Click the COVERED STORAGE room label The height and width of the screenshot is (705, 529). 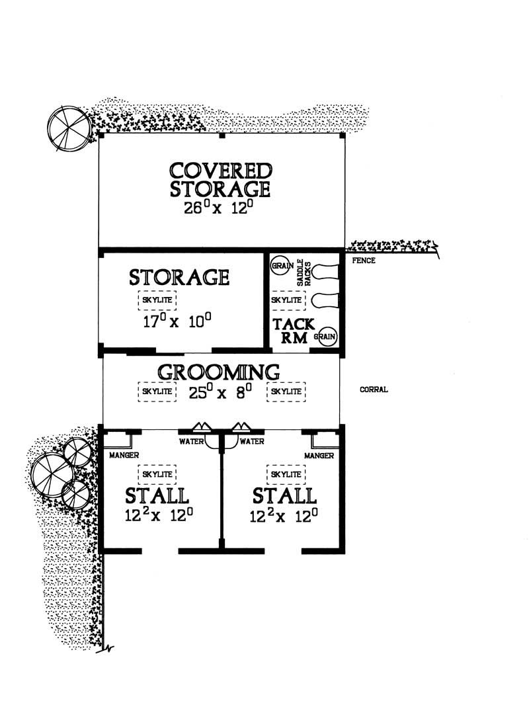(x=220, y=179)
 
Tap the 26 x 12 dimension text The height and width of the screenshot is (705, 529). (x=220, y=211)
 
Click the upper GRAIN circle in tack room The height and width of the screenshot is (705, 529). (x=280, y=265)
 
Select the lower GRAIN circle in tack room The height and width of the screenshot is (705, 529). (x=326, y=336)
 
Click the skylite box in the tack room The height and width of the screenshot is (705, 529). (x=286, y=300)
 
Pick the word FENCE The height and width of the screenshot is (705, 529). (x=364, y=261)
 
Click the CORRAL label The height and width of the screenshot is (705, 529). (x=374, y=390)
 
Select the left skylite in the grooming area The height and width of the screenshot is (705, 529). (x=158, y=392)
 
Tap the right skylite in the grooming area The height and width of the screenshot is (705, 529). (x=286, y=392)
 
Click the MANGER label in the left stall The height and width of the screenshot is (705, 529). (x=120, y=456)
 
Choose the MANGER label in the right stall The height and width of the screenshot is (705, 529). (x=320, y=456)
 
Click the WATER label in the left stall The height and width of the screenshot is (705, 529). (x=192, y=442)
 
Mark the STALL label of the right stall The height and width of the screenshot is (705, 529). (x=284, y=495)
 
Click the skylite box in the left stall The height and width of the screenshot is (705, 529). (x=158, y=474)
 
